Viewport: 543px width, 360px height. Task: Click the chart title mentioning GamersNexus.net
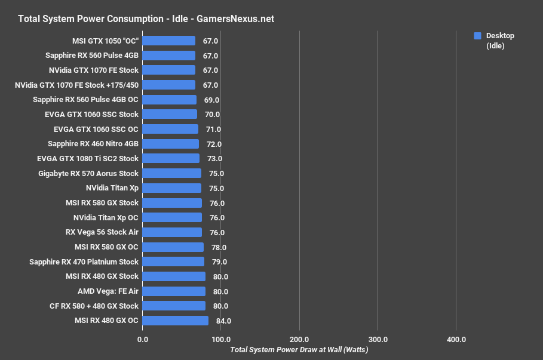[x=146, y=19]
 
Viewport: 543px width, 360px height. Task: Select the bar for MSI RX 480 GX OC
[x=176, y=321]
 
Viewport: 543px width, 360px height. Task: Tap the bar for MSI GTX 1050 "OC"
[x=169, y=41]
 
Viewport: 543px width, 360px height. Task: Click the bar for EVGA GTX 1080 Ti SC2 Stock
[x=171, y=158]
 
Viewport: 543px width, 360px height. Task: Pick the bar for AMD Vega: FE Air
[x=174, y=291]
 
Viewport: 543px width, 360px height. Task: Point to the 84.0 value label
[x=223, y=321]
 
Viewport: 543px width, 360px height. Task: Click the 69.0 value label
[x=211, y=100]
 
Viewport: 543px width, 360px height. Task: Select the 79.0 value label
[x=219, y=262]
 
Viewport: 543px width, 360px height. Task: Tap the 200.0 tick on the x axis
[x=299, y=339]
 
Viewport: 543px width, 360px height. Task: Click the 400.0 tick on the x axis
[x=456, y=339]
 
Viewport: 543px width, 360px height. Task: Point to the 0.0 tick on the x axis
[x=143, y=339]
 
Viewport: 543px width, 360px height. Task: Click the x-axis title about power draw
[x=299, y=350]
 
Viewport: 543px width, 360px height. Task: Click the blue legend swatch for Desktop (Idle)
[x=477, y=36]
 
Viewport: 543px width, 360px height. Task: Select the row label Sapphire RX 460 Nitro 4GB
[x=93, y=144]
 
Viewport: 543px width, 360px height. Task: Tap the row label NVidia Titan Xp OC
[x=106, y=217]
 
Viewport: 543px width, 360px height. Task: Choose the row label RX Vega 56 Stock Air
[x=102, y=232]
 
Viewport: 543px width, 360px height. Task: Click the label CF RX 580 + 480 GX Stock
[x=94, y=306]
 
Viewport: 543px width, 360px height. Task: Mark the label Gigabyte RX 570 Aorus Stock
[x=87, y=173]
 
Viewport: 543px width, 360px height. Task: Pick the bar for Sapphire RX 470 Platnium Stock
[x=173, y=261]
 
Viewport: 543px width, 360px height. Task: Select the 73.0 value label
[x=214, y=159]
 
